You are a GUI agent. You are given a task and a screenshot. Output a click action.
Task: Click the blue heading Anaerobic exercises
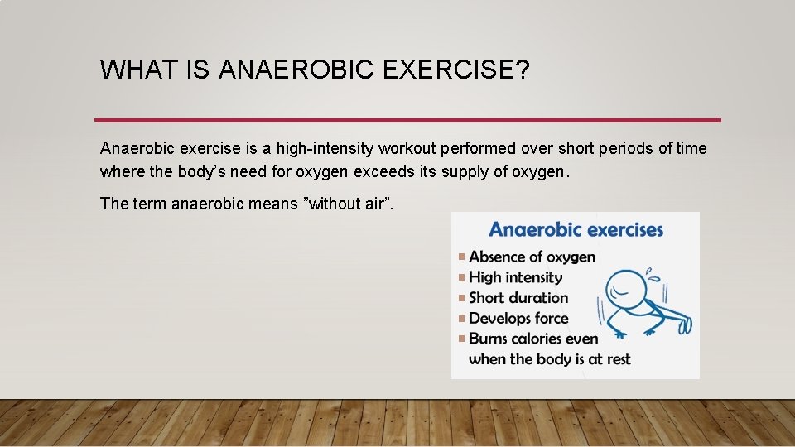[576, 229]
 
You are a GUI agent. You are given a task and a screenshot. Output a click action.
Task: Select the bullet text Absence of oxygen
[532, 257]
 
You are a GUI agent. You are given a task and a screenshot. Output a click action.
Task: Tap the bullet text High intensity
[515, 277]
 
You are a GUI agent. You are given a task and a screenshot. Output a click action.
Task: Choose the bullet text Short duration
[518, 298]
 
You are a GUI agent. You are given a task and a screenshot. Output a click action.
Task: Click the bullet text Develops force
[518, 318]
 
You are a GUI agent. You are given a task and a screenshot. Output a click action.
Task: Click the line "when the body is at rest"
[549, 359]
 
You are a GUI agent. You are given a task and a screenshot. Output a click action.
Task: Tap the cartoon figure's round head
[626, 290]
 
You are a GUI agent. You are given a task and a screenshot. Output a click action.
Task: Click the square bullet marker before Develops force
[461, 319]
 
